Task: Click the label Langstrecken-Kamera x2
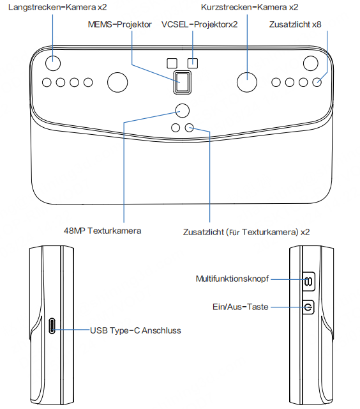[x=57, y=7]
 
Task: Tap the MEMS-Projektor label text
[x=120, y=24]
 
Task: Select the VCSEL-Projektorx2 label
[x=200, y=24]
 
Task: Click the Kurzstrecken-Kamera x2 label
[x=250, y=7]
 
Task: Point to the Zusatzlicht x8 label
[x=295, y=24]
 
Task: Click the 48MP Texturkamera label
[x=103, y=231]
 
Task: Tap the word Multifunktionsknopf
[x=232, y=279]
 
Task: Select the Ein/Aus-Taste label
[x=241, y=307]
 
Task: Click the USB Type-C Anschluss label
[x=135, y=330]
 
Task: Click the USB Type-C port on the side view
[x=52, y=326]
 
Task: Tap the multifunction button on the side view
[x=309, y=281]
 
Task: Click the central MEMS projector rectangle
[x=183, y=82]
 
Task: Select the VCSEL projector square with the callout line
[x=193, y=63]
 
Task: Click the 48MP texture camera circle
[x=183, y=111]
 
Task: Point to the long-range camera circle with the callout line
[x=53, y=63]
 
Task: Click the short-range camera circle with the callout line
[x=247, y=82]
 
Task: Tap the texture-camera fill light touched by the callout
[x=190, y=128]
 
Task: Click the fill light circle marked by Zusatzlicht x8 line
[x=317, y=82]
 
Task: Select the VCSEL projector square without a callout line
[x=172, y=63]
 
